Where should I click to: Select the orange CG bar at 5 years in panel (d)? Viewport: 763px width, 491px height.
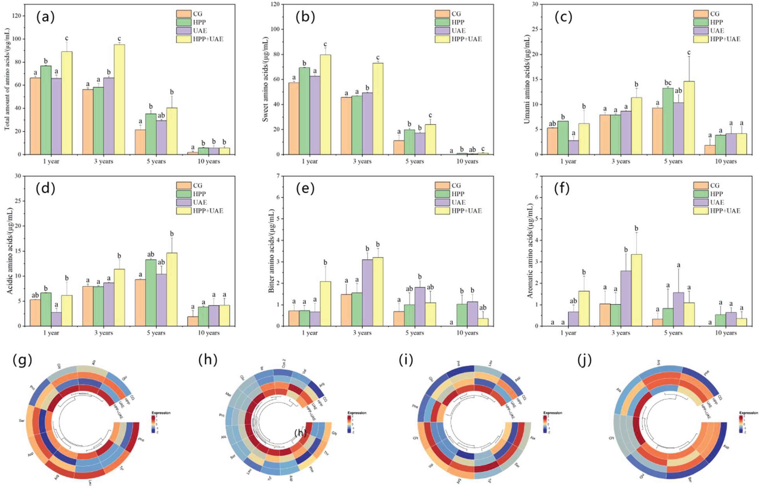click(x=140, y=302)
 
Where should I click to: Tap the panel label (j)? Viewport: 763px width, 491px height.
click(x=585, y=360)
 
